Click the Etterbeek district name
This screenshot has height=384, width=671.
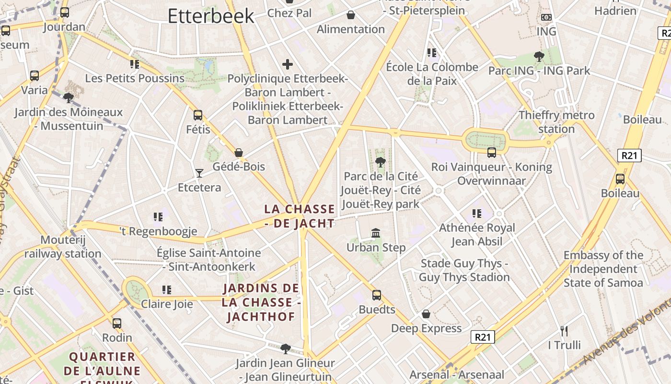(x=211, y=16)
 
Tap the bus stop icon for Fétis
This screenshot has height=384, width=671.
(x=198, y=115)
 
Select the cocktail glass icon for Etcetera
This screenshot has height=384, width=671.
(x=199, y=173)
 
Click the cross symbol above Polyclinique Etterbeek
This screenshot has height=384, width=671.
(x=288, y=64)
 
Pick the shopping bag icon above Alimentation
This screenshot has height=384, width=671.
(x=351, y=15)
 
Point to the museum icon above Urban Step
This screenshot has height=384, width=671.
(x=376, y=233)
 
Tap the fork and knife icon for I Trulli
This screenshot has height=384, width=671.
(x=564, y=331)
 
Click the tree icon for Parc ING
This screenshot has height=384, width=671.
(x=539, y=57)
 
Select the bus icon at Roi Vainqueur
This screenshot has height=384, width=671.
(x=492, y=153)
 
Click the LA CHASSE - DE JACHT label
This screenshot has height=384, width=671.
(x=300, y=216)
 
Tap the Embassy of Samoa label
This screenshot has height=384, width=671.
(x=603, y=269)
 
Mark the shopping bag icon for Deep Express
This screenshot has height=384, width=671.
(x=426, y=314)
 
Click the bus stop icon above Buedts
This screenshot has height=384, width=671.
(x=377, y=295)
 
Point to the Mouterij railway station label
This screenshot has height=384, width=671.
(x=63, y=247)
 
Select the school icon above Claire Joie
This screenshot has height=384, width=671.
(x=167, y=290)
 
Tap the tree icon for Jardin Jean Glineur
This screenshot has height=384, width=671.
(x=286, y=348)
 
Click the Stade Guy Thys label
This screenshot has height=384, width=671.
(x=464, y=270)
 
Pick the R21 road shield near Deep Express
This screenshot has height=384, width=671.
(x=482, y=337)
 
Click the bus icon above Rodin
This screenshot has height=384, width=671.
(x=117, y=324)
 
